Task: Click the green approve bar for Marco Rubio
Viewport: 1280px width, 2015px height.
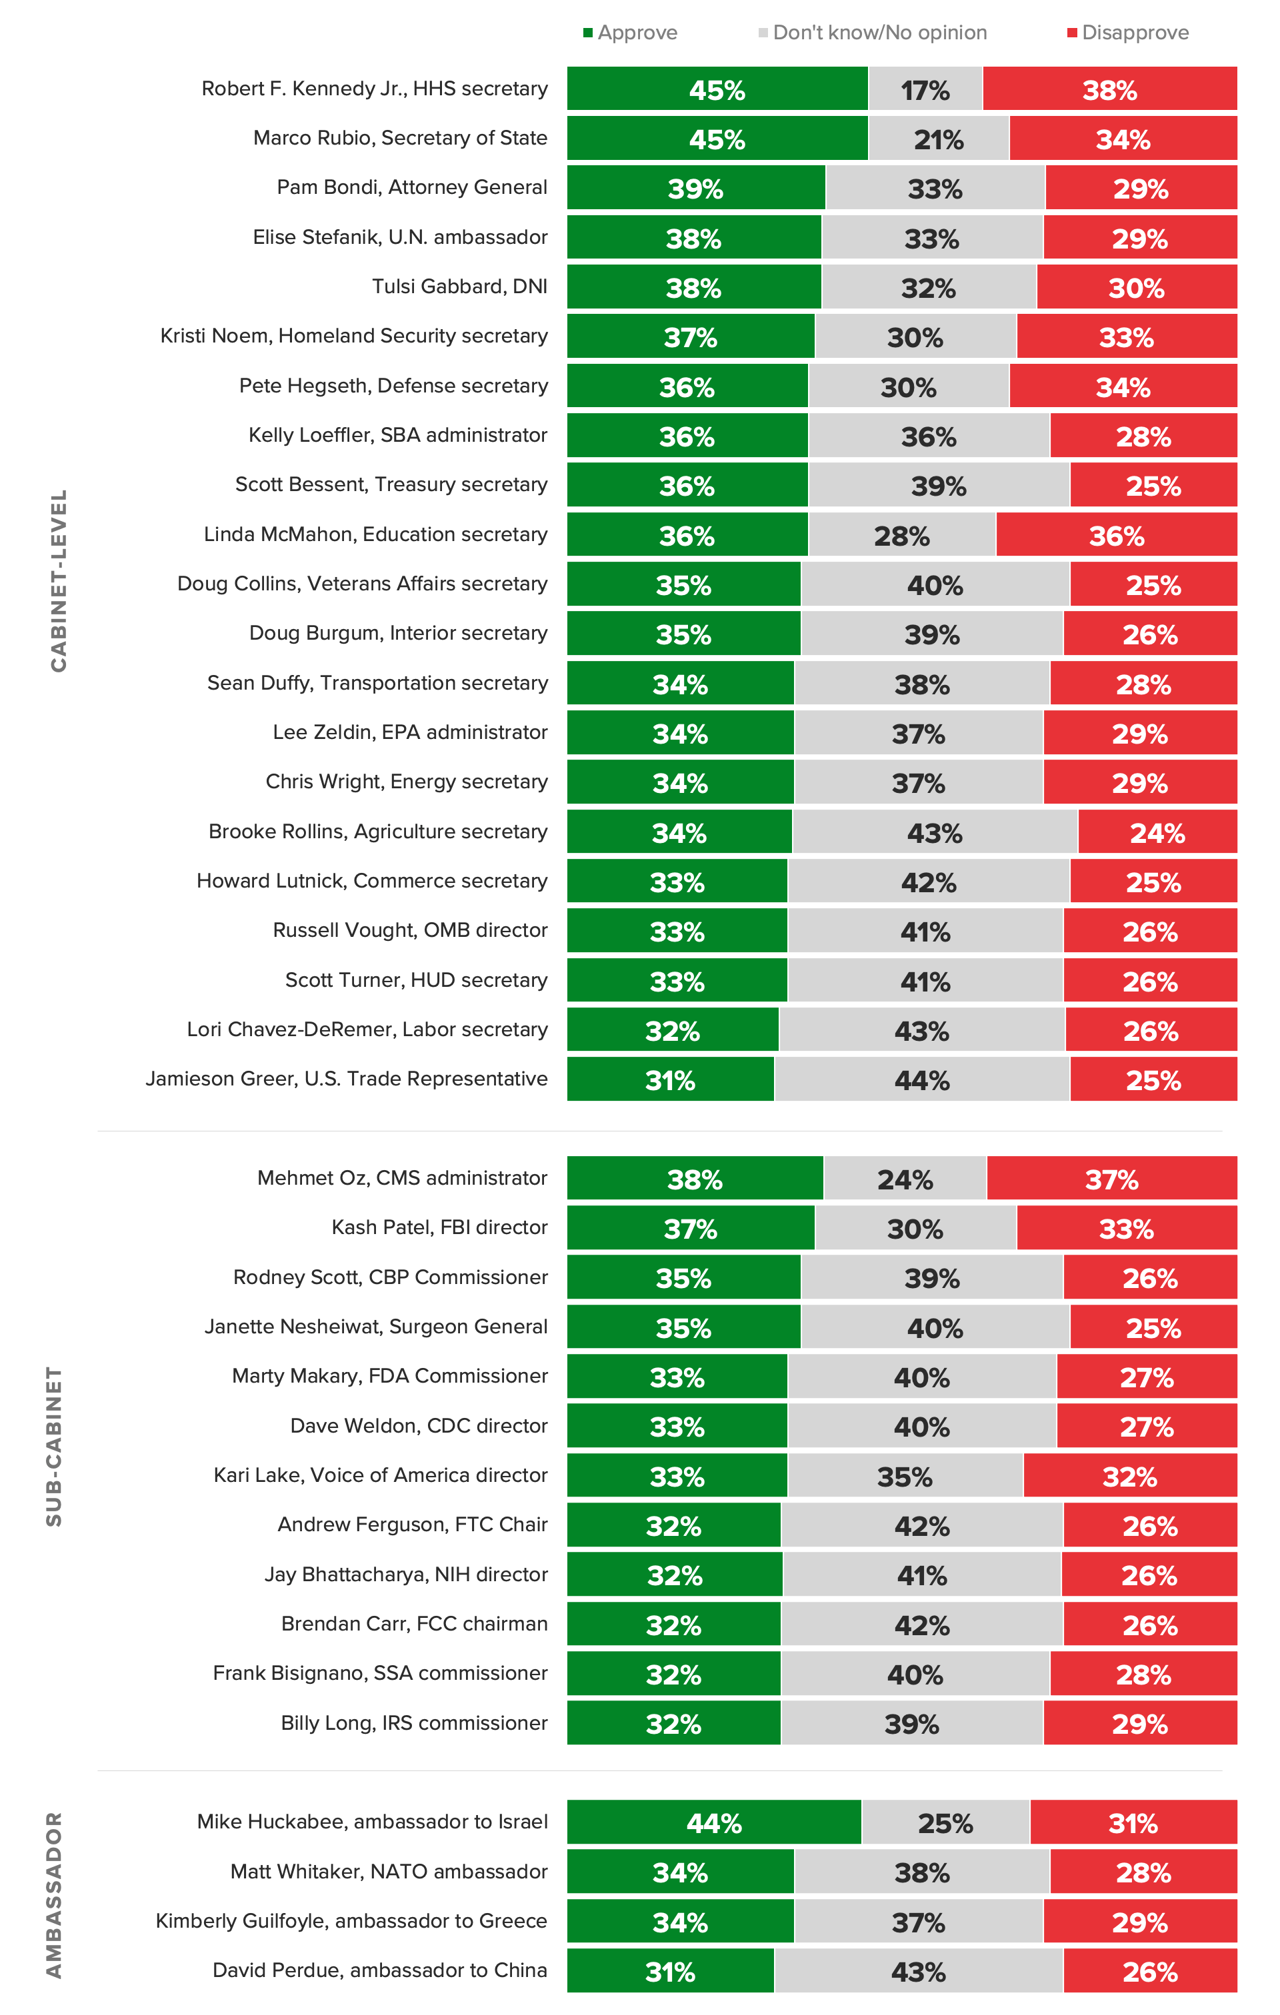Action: click(717, 138)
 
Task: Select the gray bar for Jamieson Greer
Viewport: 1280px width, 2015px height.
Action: click(922, 1079)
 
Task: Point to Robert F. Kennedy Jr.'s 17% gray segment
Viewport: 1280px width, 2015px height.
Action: click(925, 89)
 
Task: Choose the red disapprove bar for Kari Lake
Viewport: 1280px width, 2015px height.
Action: click(1129, 1475)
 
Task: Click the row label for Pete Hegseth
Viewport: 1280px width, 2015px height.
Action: click(393, 386)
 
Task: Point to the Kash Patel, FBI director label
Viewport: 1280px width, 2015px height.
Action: click(439, 1227)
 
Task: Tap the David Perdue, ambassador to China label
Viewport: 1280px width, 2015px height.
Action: click(380, 1970)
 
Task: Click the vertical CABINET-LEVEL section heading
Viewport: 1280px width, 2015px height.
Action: click(58, 580)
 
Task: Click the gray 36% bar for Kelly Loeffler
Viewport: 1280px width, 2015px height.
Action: click(929, 435)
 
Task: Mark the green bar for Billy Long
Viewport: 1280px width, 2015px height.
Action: click(673, 1723)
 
